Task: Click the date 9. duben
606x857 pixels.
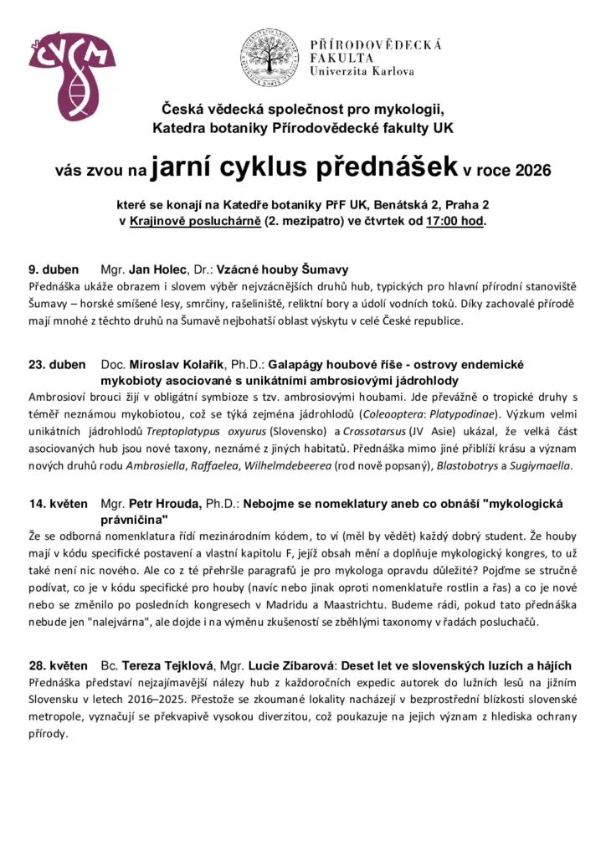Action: [x=54, y=269]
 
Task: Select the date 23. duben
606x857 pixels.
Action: [x=57, y=365]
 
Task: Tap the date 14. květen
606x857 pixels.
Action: [x=59, y=504]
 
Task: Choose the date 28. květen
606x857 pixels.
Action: [x=59, y=665]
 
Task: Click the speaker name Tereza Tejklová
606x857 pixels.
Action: [x=167, y=665]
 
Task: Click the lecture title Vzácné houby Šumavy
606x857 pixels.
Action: [x=282, y=269]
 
